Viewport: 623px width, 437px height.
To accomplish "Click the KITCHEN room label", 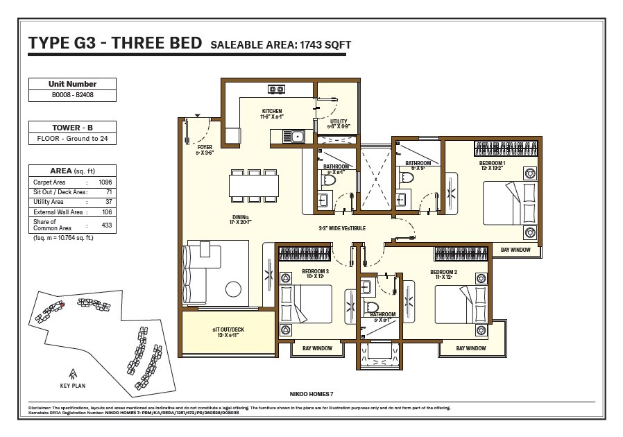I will [271, 111].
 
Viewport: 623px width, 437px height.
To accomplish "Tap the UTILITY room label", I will [339, 121].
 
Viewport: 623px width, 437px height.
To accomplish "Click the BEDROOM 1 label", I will [492, 163].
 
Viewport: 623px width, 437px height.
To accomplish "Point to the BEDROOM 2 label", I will [443, 271].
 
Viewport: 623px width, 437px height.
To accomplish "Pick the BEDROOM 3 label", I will [315, 271].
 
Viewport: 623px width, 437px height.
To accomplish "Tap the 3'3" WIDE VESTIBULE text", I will [342, 228].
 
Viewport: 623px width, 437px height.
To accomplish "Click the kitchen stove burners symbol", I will [276, 89].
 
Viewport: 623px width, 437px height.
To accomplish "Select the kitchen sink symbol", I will [296, 136].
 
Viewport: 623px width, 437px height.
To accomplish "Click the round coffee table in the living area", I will [231, 290].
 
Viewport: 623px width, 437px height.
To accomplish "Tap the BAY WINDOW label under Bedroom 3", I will [317, 348].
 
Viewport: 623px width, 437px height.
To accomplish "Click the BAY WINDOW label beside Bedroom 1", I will [515, 250].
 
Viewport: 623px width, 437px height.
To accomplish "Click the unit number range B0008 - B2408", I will [72, 94].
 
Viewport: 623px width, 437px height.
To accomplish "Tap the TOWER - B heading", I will [72, 128].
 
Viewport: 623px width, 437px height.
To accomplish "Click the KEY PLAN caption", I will [72, 386].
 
